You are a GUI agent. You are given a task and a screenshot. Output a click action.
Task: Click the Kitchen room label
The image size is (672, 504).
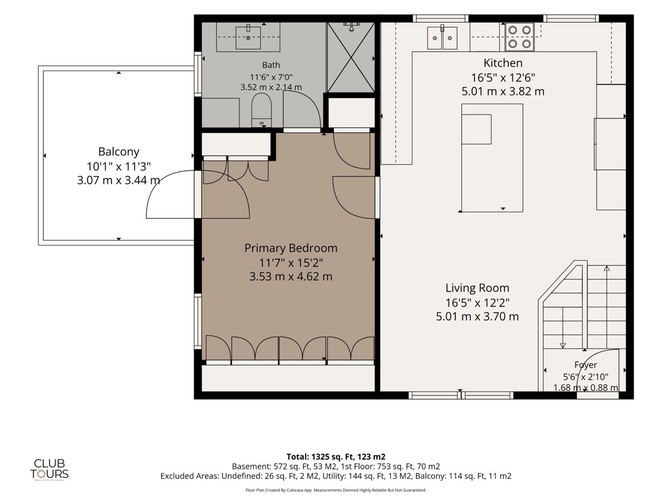(x=503, y=63)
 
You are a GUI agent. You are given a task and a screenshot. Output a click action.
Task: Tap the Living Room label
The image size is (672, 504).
(x=477, y=288)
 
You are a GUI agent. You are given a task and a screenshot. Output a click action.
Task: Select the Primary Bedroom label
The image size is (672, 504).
(x=291, y=248)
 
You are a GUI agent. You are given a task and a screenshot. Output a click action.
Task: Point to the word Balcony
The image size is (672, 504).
(x=119, y=152)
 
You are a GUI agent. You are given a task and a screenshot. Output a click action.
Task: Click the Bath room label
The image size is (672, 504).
(x=271, y=65)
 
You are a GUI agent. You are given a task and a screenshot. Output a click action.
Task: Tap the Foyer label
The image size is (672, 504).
(x=586, y=365)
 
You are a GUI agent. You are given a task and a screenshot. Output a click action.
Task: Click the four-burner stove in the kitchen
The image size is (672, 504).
(x=520, y=37)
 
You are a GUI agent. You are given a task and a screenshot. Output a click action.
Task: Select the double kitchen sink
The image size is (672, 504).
(x=443, y=38)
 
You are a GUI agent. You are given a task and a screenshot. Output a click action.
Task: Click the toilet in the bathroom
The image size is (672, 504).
(x=261, y=110)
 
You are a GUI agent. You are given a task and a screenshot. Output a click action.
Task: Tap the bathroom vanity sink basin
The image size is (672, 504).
(x=248, y=38)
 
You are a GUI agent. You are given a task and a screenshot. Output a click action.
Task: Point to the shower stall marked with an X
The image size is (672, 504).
(x=351, y=57)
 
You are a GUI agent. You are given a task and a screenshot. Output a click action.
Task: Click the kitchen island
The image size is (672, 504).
(x=492, y=158)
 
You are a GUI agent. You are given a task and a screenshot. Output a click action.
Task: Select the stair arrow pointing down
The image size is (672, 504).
(x=563, y=328)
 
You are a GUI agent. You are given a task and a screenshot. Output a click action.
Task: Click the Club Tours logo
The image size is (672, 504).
(x=49, y=470)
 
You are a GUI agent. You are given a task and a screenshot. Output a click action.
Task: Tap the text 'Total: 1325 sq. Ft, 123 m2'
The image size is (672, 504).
(x=336, y=457)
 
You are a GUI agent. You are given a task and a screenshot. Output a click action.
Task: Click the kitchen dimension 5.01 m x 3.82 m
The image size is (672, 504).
(x=503, y=91)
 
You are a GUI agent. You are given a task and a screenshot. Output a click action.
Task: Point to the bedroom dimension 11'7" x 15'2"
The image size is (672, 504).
(x=291, y=262)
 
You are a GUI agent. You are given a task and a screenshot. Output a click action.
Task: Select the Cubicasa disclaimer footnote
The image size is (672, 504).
(x=336, y=490)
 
